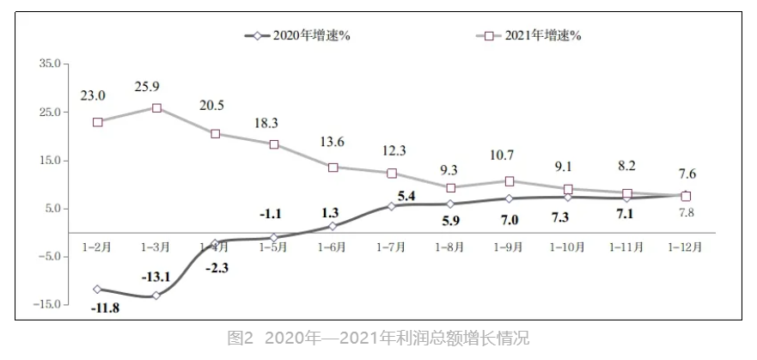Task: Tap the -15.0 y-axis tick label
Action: (x=47, y=304)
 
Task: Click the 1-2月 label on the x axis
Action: (x=98, y=247)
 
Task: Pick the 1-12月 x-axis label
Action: (x=685, y=247)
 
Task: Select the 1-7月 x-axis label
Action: (x=391, y=247)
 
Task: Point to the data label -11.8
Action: (x=104, y=308)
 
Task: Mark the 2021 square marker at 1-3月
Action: (x=156, y=108)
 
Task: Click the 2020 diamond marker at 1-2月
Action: (x=98, y=289)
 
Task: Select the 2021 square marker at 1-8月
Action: (x=450, y=187)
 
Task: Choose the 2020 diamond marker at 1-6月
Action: (x=333, y=226)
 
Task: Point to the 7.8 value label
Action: (x=686, y=212)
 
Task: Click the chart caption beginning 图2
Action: (x=378, y=339)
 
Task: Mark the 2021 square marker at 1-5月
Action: (x=274, y=144)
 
